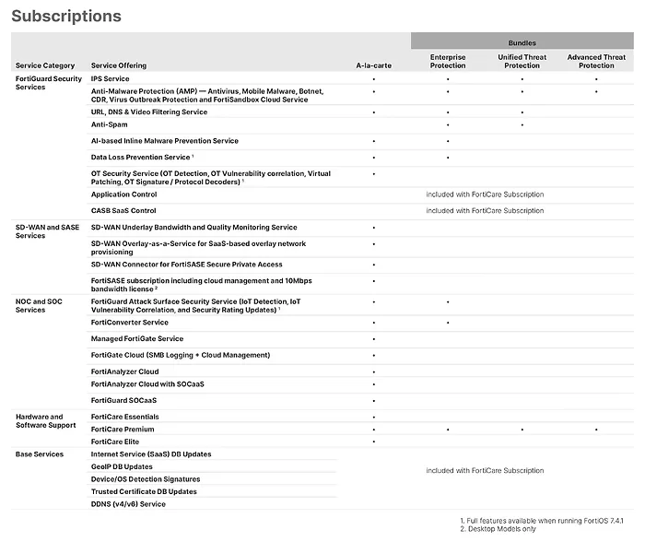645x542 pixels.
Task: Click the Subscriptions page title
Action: (x=66, y=17)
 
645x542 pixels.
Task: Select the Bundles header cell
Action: (x=522, y=42)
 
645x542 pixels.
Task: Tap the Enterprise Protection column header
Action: (x=448, y=61)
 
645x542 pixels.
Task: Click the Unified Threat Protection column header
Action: (x=522, y=61)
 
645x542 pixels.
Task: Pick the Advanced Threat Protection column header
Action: (x=596, y=61)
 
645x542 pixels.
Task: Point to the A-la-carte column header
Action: (x=373, y=65)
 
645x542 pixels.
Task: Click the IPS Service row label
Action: (x=110, y=79)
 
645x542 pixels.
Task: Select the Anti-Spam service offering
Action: (x=109, y=124)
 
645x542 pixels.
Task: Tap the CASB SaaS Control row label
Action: (x=123, y=210)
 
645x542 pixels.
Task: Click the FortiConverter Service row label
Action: (x=129, y=323)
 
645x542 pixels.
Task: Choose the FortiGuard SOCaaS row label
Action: (x=123, y=400)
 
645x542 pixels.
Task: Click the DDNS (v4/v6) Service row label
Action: (x=128, y=504)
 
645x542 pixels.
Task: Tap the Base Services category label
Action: (x=40, y=454)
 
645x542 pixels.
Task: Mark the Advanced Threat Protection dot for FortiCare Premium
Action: (x=596, y=430)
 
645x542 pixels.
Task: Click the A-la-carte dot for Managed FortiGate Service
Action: (x=373, y=339)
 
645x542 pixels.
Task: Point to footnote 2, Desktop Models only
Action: (x=498, y=529)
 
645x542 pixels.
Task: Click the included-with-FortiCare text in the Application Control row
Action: (x=485, y=194)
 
